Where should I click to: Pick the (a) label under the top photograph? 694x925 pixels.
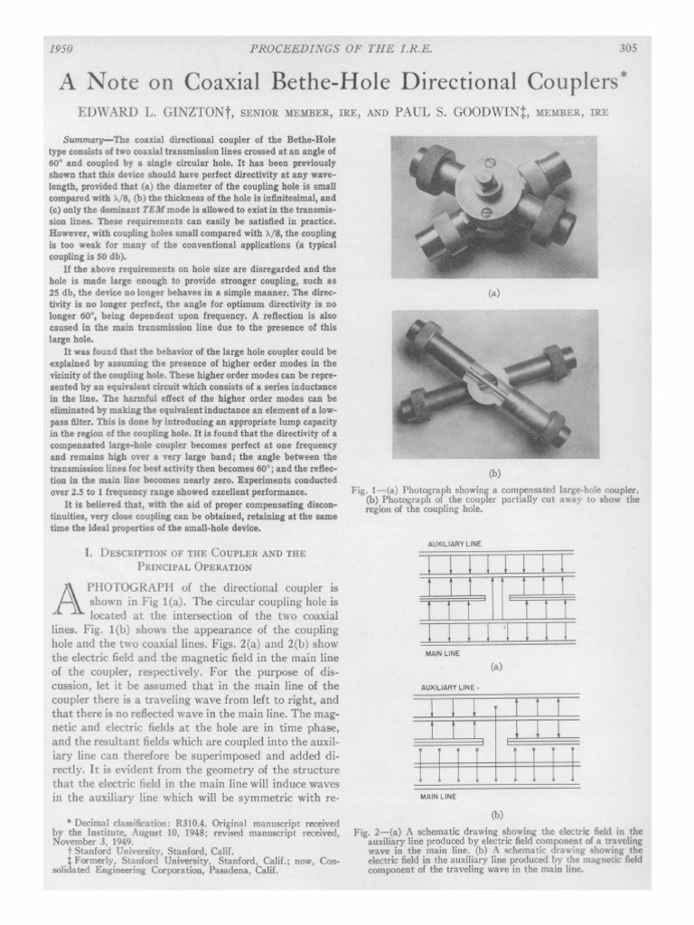pos(494,293)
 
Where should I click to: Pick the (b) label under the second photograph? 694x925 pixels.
pos(494,472)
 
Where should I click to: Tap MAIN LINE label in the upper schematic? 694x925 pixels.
pos(442,652)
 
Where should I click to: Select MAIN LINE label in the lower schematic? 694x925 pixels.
pos(438,797)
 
